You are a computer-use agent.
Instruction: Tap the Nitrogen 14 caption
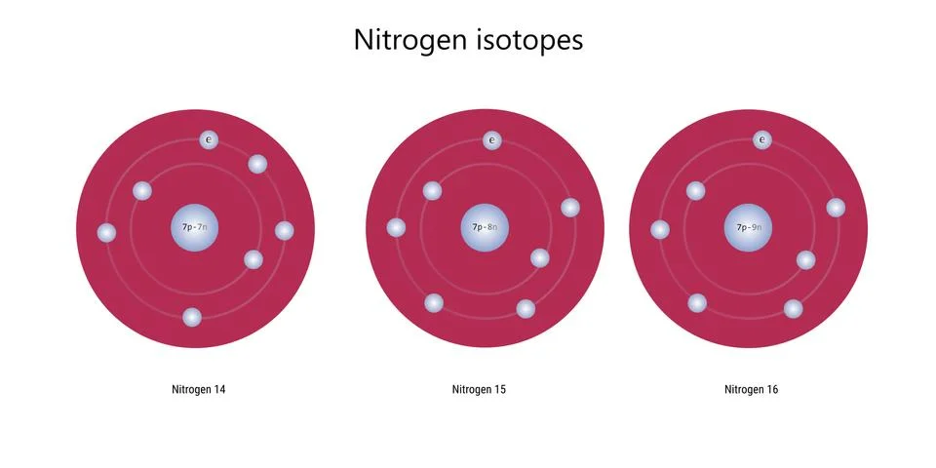coord(199,390)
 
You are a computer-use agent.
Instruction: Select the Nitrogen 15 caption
coord(479,390)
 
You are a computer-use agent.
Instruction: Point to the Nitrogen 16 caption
coord(752,390)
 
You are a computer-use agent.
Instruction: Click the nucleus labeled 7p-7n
coord(195,228)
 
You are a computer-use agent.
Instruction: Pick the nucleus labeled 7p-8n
coord(485,228)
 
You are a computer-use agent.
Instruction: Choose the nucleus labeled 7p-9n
coord(748,228)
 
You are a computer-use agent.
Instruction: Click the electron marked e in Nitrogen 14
coord(209,140)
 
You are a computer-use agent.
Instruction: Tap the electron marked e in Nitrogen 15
coord(492,140)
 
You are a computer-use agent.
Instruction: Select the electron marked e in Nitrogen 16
coord(762,140)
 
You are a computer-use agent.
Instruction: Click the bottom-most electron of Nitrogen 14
coord(192,318)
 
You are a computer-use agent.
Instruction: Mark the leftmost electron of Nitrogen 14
coord(107,233)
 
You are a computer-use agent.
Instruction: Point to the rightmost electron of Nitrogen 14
coord(285,231)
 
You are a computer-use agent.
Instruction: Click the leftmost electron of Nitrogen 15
coord(397,228)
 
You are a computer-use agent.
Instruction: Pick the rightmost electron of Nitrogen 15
coord(570,208)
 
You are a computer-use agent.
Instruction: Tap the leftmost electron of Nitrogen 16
coord(660,230)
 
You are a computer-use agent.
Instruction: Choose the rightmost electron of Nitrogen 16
coord(836,208)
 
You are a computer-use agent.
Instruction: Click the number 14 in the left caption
coord(219,390)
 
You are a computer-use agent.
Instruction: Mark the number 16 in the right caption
coord(772,390)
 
